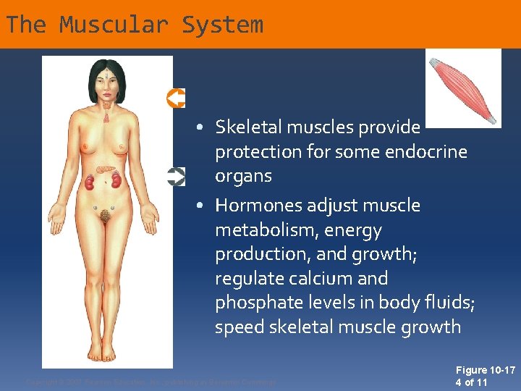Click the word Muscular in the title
coord(114,25)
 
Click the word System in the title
coord(222,25)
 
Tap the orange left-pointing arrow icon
coord(176,98)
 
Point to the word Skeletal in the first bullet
coord(248,127)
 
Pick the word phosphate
coord(255,303)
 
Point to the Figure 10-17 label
coord(486,370)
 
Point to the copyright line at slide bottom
coord(151,382)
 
